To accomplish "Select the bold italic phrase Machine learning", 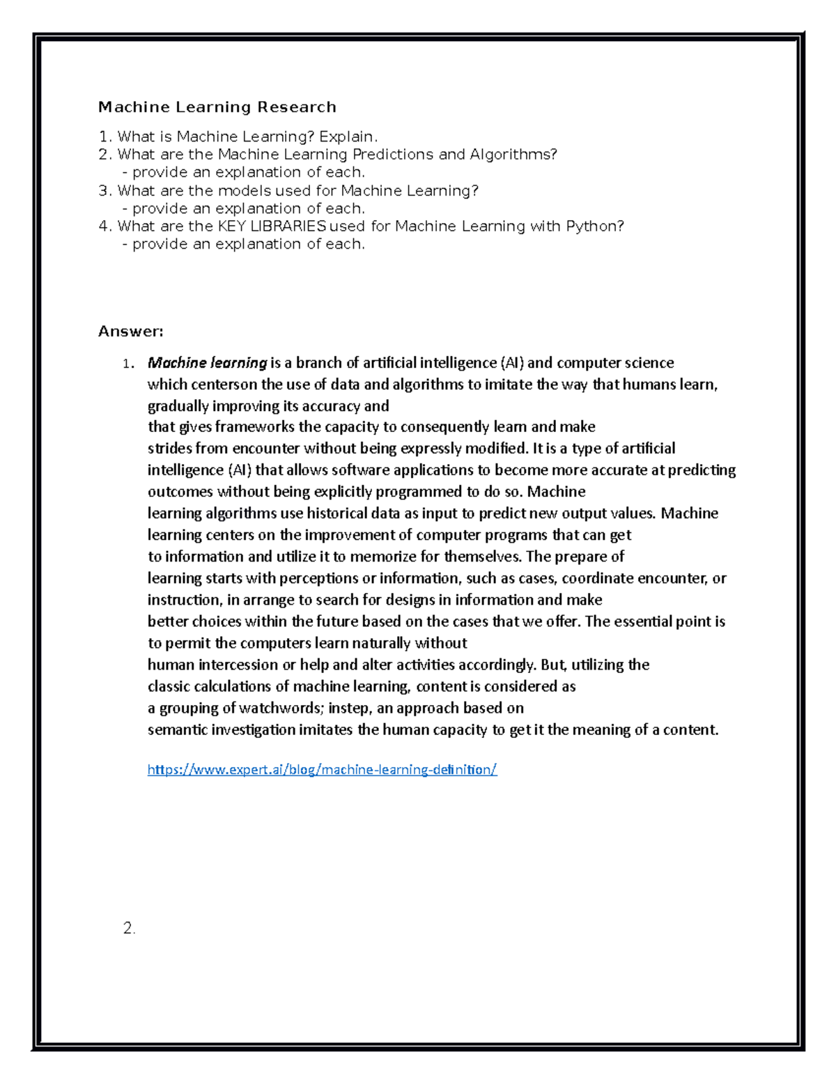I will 207,363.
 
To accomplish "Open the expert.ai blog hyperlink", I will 322,770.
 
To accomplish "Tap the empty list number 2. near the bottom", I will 129,928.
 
